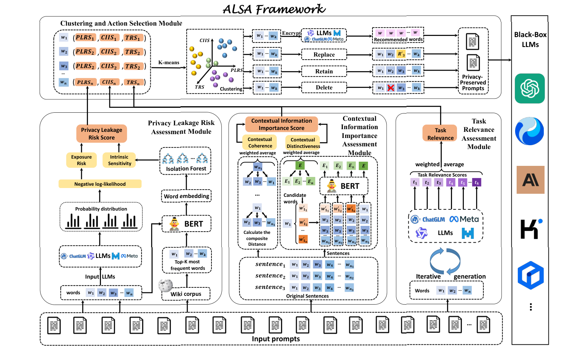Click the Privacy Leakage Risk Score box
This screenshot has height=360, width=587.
(101, 134)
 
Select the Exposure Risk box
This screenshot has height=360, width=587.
(81, 160)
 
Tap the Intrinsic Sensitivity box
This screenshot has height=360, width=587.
(119, 160)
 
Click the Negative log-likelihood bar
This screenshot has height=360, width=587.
(100, 184)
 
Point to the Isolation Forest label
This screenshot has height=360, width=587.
(186, 169)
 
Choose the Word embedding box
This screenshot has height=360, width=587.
(186, 196)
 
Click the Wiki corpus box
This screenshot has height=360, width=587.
(186, 294)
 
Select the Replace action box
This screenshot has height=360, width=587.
(324, 55)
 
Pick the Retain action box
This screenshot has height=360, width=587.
(324, 71)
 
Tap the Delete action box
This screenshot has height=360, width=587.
(324, 88)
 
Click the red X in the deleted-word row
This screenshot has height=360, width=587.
(390, 88)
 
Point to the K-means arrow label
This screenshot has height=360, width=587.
(169, 63)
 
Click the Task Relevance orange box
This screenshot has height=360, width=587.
(441, 134)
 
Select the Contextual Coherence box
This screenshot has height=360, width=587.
(260, 143)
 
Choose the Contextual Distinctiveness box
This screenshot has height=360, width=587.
(303, 143)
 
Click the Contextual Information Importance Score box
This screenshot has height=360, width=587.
(281, 124)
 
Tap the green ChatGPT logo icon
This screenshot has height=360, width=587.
(530, 88)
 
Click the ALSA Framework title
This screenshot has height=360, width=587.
(274, 9)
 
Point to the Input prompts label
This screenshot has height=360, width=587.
(276, 339)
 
